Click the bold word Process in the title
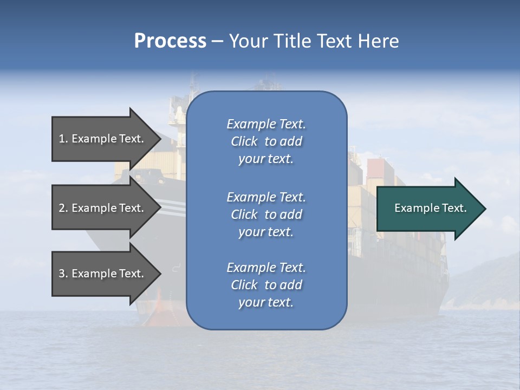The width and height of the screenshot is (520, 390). pos(170,41)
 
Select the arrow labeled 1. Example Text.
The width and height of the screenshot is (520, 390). pos(103,139)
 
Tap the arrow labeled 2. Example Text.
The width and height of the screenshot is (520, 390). pos(103,208)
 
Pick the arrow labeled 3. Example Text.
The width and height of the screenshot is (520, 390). pos(103,274)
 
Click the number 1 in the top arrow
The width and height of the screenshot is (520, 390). pos(62,139)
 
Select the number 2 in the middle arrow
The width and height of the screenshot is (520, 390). pos(62,208)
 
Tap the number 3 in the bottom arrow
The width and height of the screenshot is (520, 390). pos(62,274)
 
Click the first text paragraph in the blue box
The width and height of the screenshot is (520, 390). pos(266,141)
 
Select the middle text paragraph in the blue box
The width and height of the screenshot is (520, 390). pos(266,214)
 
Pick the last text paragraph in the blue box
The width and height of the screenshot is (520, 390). pos(266,285)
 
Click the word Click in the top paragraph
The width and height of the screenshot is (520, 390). pos(244,141)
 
